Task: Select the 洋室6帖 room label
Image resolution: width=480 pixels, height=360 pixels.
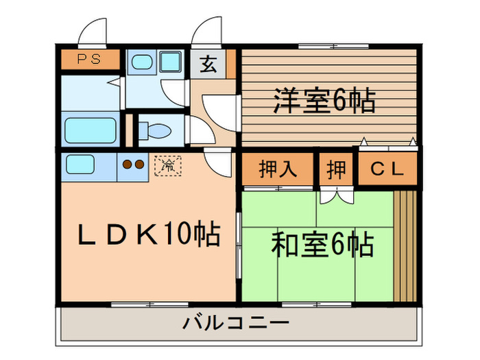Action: pyautogui.click(x=324, y=101)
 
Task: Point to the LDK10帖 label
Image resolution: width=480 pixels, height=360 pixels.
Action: pyautogui.click(x=147, y=235)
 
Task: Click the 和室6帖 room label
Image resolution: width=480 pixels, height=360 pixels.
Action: pyautogui.click(x=322, y=243)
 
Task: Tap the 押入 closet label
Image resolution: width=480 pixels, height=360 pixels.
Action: pyautogui.click(x=278, y=169)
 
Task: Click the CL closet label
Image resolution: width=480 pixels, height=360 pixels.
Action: pyautogui.click(x=387, y=169)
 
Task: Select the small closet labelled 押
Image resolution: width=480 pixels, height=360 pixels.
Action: pyautogui.click(x=336, y=169)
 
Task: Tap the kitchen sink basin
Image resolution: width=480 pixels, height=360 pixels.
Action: pyautogui.click(x=81, y=165)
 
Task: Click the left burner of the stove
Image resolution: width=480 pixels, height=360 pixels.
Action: pyautogui.click(x=126, y=165)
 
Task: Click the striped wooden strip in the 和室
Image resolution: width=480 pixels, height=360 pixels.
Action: pyautogui.click(x=405, y=243)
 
